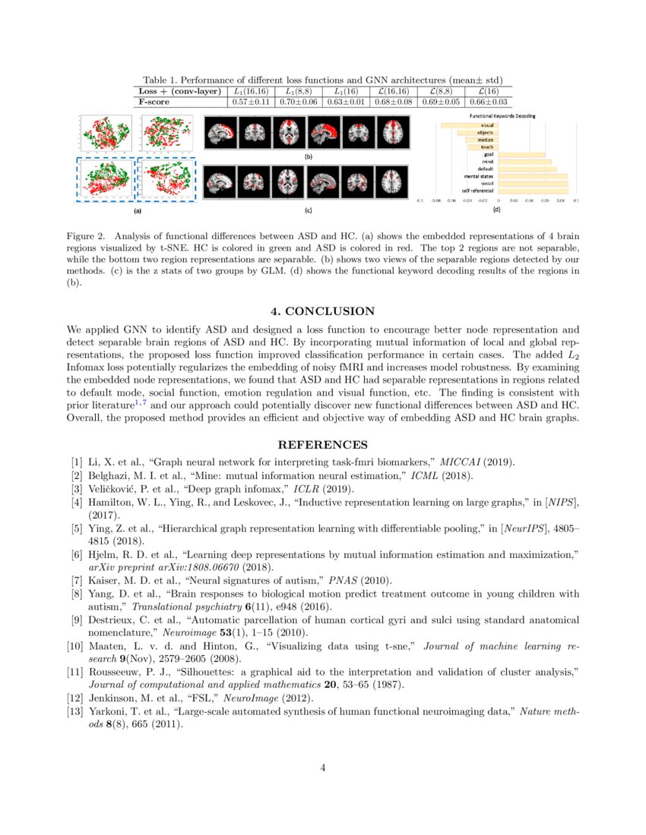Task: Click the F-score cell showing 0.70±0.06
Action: [x=298, y=101]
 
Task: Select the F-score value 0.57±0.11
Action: [x=250, y=101]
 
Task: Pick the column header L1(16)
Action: [x=346, y=91]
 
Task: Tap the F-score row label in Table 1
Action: [x=154, y=101]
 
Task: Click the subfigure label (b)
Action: [x=308, y=156]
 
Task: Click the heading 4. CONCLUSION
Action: [x=323, y=311]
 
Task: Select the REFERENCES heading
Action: [x=323, y=445]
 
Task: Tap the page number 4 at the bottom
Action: [x=323, y=767]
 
